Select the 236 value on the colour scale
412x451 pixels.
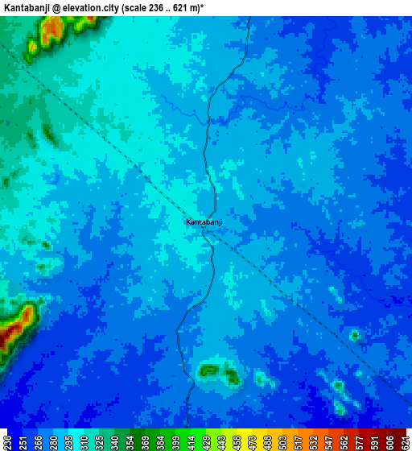click(x=6, y=441)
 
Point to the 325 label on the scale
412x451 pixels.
click(x=98, y=441)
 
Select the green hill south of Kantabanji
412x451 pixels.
click(x=211, y=370)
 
